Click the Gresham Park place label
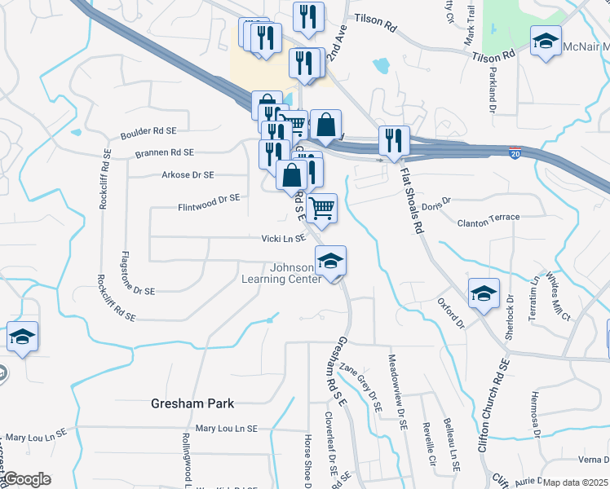192,403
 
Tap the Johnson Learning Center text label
279,273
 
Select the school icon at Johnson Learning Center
330,262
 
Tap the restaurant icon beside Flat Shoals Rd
394,141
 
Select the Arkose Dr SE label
188,174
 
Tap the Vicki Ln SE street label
283,239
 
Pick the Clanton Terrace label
488,218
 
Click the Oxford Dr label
450,312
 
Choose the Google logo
27,479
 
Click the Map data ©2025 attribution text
576,482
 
